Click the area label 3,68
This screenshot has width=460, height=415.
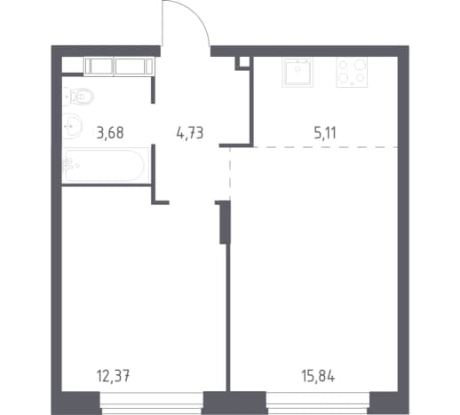(x=110, y=133)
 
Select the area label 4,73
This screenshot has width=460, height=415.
(x=190, y=133)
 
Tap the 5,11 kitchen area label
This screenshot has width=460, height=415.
(x=325, y=133)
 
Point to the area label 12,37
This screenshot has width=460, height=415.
(x=113, y=376)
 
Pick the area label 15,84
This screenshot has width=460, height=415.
(x=318, y=376)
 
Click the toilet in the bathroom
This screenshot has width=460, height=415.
(x=78, y=97)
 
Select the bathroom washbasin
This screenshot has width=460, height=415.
(x=72, y=126)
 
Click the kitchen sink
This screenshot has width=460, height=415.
(x=297, y=72)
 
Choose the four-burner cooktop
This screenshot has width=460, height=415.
(x=352, y=72)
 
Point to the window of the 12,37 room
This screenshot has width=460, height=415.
(x=152, y=403)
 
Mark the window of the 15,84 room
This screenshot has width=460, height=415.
(x=318, y=403)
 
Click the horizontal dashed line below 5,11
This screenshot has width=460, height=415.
(x=314, y=147)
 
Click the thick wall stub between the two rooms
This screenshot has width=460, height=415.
(x=225, y=222)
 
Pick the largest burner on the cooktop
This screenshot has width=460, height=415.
(x=360, y=64)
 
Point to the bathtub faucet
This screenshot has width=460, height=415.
(x=68, y=164)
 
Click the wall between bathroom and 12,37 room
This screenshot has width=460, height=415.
(x=106, y=185)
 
